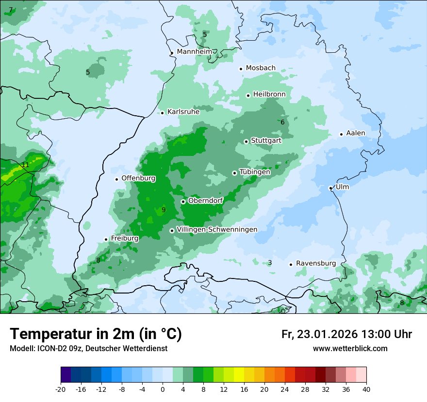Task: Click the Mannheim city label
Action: coord(195,51)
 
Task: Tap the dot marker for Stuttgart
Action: coord(246,141)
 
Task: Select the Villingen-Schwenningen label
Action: coord(217,230)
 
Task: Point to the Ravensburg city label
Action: coord(316,263)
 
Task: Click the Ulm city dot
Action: coord(330,188)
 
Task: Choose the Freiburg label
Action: coord(125,238)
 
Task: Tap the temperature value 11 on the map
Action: coord(25,165)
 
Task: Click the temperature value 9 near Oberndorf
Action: coord(164,210)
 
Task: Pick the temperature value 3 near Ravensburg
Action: coord(270,263)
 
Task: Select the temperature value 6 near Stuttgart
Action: coord(282,123)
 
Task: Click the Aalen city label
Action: coord(356,133)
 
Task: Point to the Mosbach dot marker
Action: coord(241,69)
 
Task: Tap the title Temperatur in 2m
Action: coord(96,334)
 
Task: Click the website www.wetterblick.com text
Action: coord(350,349)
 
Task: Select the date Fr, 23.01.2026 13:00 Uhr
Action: coord(346,334)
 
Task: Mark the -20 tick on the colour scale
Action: coord(61,389)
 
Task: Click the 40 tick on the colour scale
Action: coord(366,389)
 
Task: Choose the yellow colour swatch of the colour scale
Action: coord(239,375)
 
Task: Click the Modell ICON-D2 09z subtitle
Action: coord(88,349)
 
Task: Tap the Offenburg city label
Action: coord(138,178)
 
